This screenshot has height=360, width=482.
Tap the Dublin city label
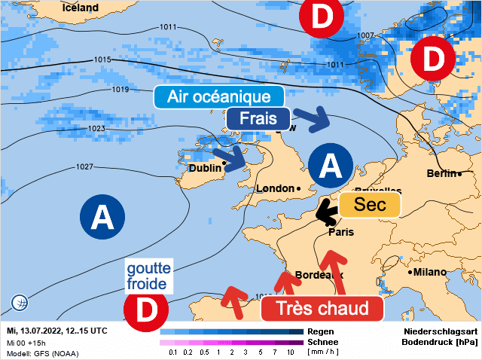(205, 168)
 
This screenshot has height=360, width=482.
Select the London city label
(275, 188)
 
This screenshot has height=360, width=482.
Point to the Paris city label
(341, 233)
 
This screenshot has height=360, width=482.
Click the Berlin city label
(441, 174)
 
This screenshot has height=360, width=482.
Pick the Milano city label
(430, 272)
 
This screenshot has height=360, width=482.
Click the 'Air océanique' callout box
(218, 97)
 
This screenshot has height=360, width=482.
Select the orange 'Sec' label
(368, 206)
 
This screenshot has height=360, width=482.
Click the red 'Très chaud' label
(322, 308)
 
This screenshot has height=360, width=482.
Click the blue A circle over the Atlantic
(101, 218)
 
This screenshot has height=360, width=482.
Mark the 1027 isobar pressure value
(84, 166)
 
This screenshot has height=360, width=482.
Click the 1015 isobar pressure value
(102, 59)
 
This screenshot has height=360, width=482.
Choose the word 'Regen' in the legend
(320, 331)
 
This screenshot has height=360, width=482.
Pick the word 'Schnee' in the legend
(323, 342)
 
